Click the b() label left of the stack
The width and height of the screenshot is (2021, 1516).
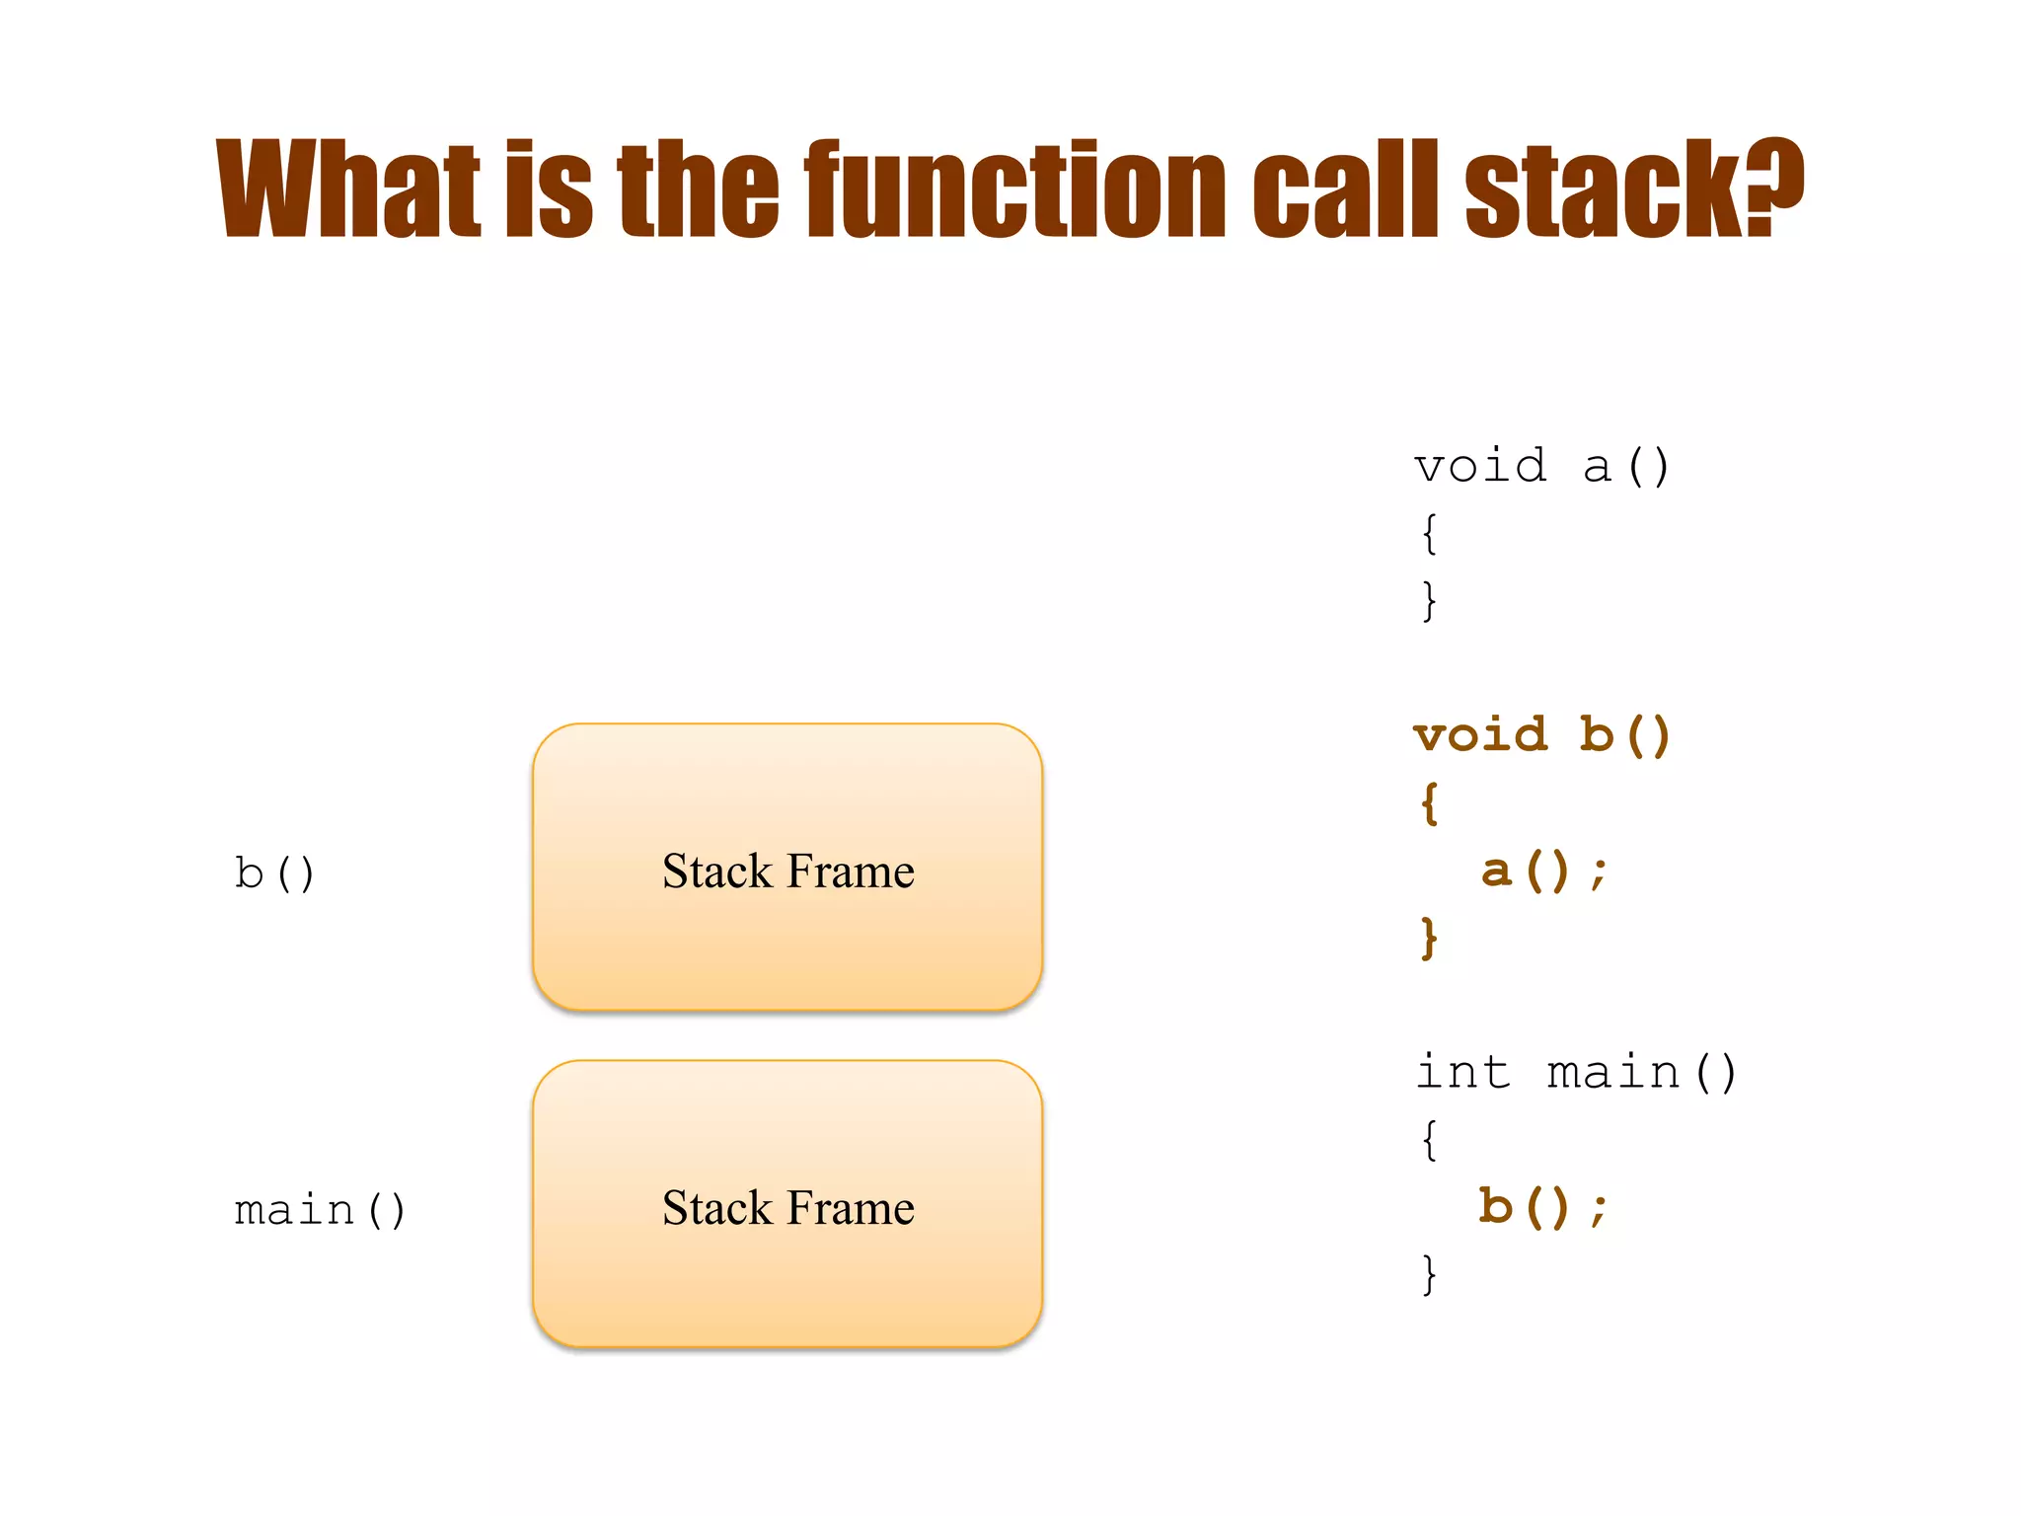pos(274,873)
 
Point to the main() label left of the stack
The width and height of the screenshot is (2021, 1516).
pos(320,1210)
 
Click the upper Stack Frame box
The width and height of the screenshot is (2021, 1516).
pos(787,869)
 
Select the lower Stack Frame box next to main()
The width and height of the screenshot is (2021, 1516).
pos(787,1204)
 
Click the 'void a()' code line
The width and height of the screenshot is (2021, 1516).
pos(1541,466)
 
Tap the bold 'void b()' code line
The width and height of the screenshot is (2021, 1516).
pos(1541,735)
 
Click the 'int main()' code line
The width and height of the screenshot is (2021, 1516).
pos(1576,1073)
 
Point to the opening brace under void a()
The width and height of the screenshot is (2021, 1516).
pos(1429,534)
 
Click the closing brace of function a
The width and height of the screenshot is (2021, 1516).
pos(1429,601)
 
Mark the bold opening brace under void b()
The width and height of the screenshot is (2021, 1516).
pos(1429,803)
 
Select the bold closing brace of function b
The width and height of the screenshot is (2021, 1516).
pos(1429,938)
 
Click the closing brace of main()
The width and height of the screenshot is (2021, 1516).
pos(1429,1274)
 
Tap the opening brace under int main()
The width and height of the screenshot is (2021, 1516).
pos(1429,1140)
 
